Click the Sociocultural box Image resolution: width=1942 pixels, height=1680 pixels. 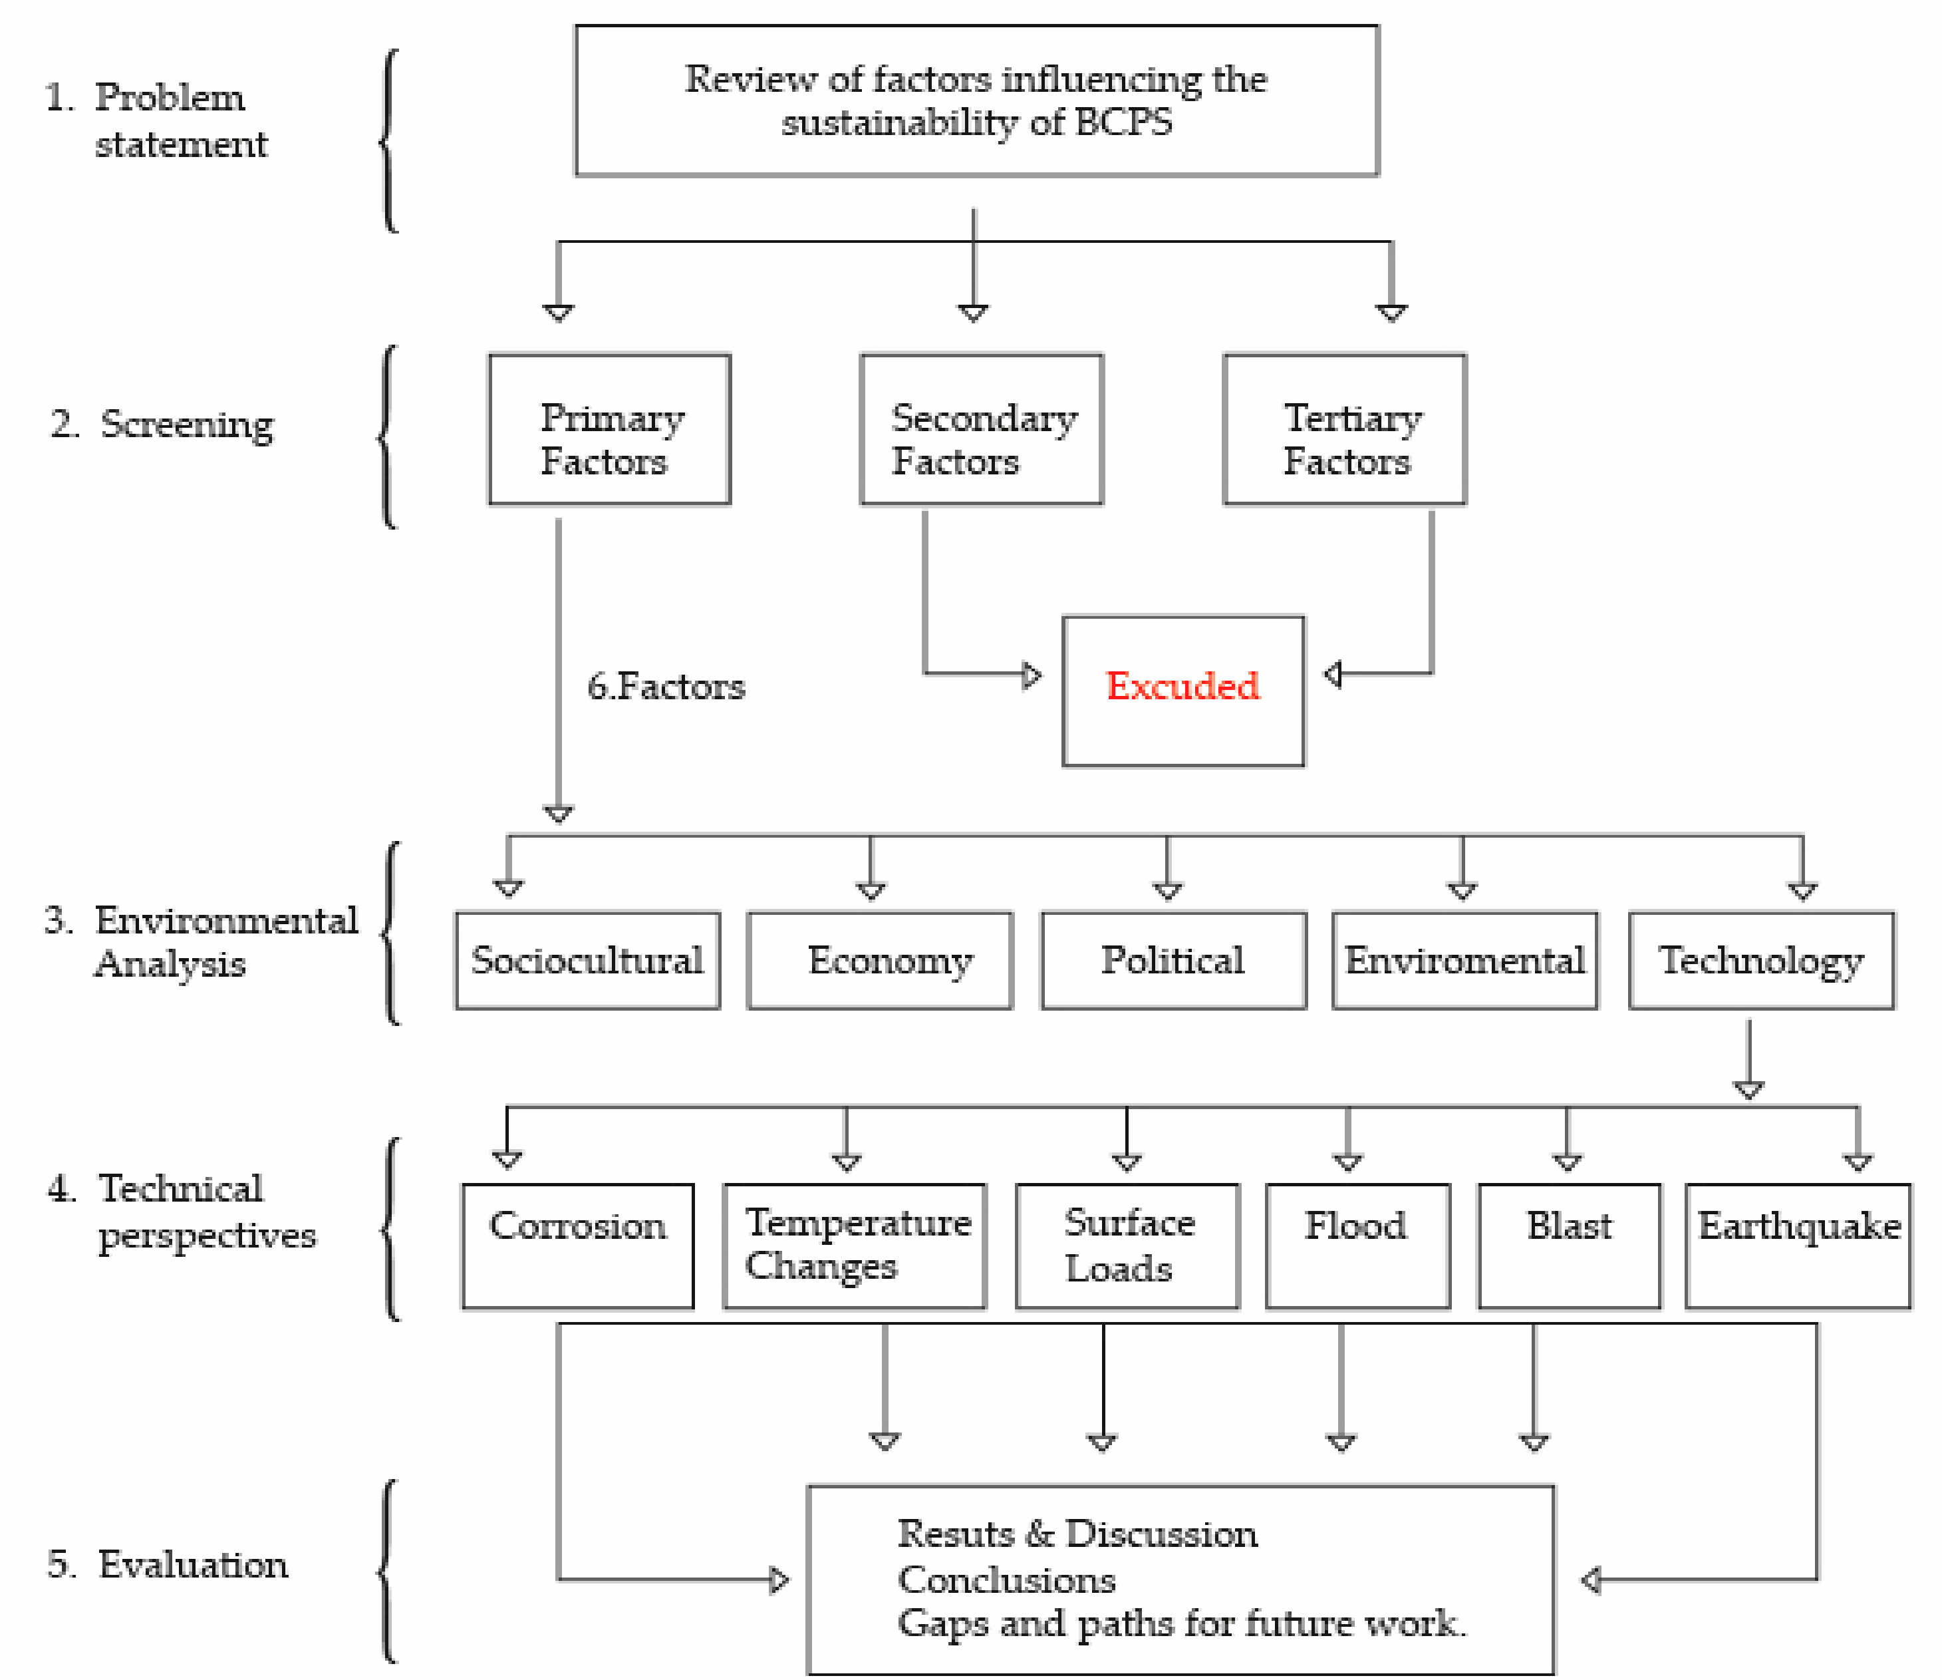point(588,960)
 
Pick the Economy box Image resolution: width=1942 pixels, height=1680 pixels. point(879,960)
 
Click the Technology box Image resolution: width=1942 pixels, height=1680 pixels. point(1761,960)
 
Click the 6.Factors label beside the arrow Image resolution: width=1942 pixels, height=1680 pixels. point(666,687)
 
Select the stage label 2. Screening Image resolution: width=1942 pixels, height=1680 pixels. point(162,424)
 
